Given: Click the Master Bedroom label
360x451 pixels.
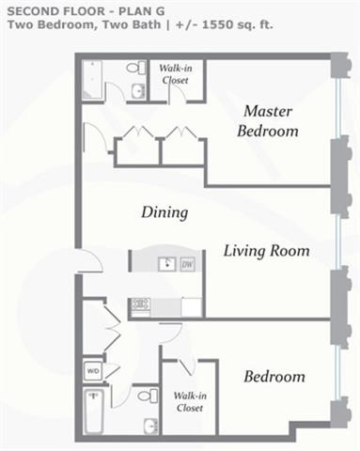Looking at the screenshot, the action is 268,121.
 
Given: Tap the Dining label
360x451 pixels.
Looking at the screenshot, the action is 164,213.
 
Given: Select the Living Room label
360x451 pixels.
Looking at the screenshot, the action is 267,251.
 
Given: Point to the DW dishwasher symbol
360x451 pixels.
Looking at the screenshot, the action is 188,265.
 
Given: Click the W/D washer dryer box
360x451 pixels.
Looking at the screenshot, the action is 93,371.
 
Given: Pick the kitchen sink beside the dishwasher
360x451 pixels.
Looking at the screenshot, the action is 167,265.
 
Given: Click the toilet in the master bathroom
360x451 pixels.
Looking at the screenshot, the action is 136,68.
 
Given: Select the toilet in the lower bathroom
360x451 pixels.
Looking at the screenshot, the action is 148,396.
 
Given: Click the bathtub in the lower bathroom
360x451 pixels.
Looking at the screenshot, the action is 93,411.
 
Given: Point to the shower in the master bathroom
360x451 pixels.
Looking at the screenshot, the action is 92,81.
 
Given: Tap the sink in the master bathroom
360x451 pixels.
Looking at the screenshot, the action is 138,91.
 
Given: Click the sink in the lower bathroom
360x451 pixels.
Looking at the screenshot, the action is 151,427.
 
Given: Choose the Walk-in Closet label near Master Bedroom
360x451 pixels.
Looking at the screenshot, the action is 176,74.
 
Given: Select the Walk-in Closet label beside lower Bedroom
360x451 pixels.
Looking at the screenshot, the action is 190,402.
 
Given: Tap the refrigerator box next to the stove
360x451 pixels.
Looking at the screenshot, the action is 192,307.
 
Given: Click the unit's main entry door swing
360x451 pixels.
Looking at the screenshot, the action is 90,260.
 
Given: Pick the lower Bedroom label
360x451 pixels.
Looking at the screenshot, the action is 274,377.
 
